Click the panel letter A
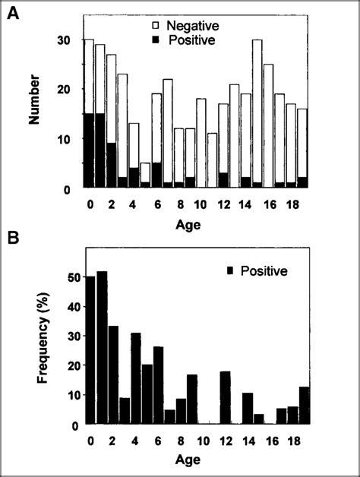click(13, 14)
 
